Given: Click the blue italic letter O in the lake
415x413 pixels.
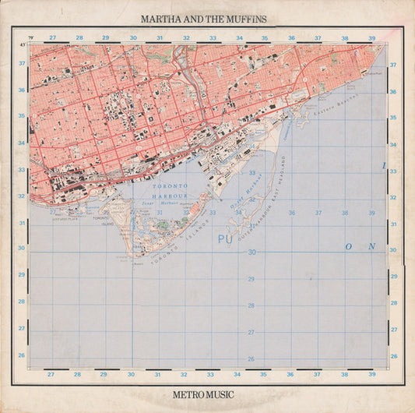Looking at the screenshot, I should pos(349,246).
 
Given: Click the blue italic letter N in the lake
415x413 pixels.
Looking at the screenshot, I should pos(371,246).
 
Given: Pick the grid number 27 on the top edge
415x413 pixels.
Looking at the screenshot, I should pos(52,37).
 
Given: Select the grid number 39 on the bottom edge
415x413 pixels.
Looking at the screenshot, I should pos(371,374).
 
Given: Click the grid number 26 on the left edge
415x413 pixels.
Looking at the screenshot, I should pos(22,355).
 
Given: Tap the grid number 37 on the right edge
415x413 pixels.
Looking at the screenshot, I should pos(392,65).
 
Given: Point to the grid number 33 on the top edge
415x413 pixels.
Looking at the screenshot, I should pos(212,37).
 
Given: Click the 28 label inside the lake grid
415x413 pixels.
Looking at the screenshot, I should pos(251,305).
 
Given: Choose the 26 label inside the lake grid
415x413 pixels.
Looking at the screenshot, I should pos(251,359).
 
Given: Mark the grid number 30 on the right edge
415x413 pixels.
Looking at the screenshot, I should pos(392,250).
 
